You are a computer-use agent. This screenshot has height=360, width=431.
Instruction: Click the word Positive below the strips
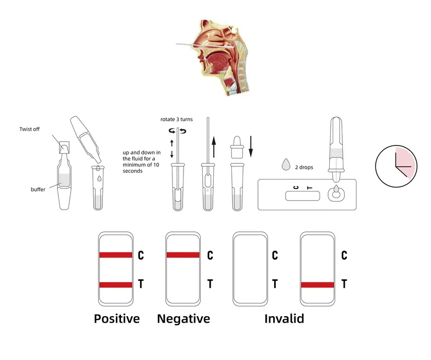click(x=117, y=319)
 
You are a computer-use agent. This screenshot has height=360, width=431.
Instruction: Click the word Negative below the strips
click(x=183, y=319)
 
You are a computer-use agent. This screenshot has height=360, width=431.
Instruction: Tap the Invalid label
click(x=284, y=319)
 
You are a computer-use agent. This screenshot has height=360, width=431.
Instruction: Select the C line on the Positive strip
click(x=116, y=255)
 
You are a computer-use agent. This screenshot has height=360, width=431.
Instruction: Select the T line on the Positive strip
click(x=116, y=285)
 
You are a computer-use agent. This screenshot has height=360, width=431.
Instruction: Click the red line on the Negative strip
click(x=183, y=255)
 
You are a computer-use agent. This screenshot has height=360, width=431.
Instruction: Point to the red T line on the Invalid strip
click(x=318, y=285)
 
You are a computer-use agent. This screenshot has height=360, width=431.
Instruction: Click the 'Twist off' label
click(x=29, y=129)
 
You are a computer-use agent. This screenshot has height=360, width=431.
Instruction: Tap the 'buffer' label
click(x=38, y=189)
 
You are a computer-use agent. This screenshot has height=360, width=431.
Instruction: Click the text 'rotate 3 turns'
click(x=176, y=119)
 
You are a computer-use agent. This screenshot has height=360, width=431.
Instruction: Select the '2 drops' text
click(x=304, y=167)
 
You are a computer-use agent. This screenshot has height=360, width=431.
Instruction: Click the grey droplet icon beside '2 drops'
click(x=286, y=164)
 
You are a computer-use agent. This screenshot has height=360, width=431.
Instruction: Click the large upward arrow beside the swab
click(x=214, y=147)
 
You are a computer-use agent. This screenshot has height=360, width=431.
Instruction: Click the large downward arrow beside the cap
click(x=251, y=146)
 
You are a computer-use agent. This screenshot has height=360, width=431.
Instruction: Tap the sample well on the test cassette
click(x=336, y=194)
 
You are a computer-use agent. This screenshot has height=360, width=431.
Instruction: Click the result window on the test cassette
click(x=302, y=196)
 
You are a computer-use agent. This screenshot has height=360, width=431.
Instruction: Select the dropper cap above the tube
click(x=237, y=147)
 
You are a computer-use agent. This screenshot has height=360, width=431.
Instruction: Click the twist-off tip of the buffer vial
click(x=65, y=147)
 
